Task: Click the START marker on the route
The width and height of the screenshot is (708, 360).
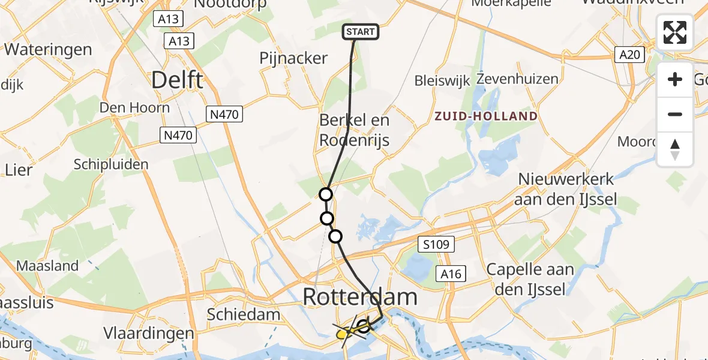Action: pos(361,32)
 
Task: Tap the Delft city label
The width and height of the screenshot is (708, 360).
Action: pos(177,80)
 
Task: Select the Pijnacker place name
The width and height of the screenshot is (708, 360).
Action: pos(293,58)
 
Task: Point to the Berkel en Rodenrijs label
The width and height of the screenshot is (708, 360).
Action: pos(354,130)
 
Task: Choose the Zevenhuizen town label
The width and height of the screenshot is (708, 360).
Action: pos(509,79)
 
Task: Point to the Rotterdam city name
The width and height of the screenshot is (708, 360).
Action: pos(360,296)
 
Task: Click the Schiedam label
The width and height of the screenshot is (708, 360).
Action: pos(244,314)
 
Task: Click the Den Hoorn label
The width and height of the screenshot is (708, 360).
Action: pos(134,108)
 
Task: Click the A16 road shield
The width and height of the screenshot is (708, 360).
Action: pos(450,274)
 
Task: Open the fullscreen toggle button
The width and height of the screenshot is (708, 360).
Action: pos(675,32)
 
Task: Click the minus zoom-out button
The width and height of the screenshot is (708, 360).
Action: pos(675,115)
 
